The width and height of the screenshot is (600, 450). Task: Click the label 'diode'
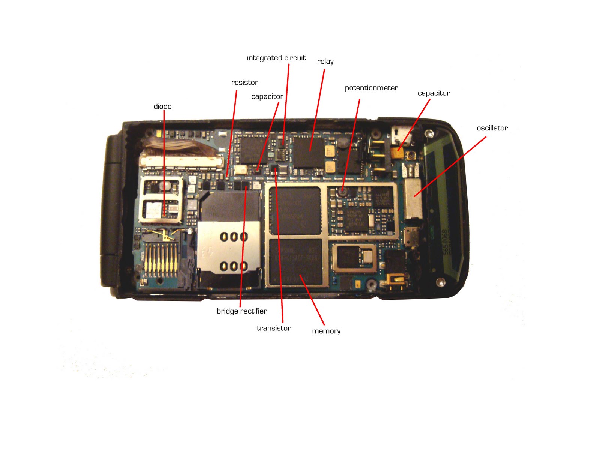162,106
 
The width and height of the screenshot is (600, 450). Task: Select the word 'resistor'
244,82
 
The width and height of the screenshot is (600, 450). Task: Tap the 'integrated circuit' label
276,58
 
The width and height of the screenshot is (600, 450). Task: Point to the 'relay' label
325,61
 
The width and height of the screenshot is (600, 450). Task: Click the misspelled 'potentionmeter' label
371,88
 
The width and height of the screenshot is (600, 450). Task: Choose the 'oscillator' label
492,128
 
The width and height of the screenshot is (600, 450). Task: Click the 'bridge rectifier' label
242,311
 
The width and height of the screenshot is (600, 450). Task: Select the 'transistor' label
274,328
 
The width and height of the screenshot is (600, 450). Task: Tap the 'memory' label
326,331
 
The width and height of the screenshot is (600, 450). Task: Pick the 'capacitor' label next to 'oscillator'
433,93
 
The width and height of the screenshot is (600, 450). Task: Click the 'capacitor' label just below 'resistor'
267,97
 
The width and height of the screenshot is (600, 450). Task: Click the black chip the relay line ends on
308,152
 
